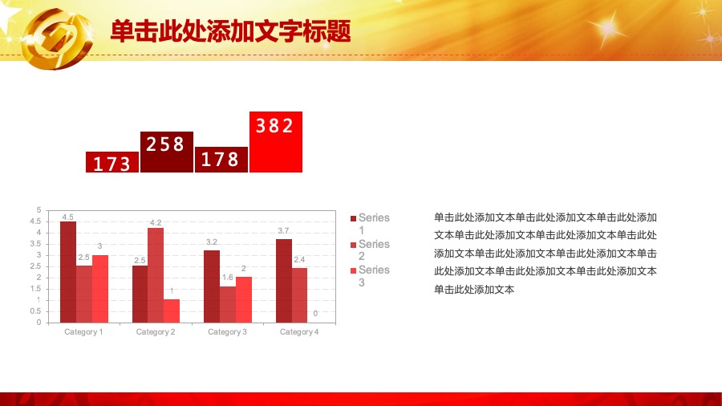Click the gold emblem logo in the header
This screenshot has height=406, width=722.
coord(58,39)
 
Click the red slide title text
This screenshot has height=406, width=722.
coord(231,31)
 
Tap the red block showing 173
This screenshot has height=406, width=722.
coord(112,162)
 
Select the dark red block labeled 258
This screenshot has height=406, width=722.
coord(167,152)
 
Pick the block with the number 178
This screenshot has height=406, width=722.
coord(221,160)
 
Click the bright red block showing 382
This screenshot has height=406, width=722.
coord(276,142)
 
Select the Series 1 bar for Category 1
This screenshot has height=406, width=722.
coord(68,272)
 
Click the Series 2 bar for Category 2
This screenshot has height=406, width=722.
coord(156,275)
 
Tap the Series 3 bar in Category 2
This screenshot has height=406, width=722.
coord(172,311)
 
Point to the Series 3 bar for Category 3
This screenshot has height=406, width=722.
coord(244,299)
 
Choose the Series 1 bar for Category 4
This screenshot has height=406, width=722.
coord(284,281)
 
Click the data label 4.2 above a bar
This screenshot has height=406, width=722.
coord(156,223)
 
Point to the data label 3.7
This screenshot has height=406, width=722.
coord(283,230)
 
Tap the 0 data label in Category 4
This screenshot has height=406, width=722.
coord(315,314)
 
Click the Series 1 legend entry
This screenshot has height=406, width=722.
coord(370,224)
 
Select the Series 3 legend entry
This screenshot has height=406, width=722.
coord(370,276)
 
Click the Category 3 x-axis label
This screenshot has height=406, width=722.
coord(228,332)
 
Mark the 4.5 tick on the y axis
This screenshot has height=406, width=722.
coord(35,221)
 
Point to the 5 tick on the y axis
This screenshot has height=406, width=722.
coord(39,210)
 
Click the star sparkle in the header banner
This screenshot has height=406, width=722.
coord(607,29)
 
